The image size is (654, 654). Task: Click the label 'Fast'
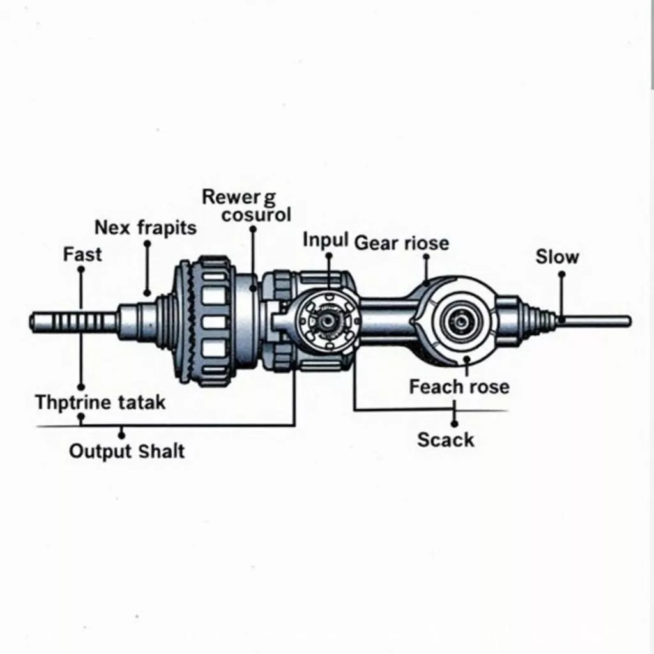click(82, 254)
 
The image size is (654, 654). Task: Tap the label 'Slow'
click(557, 257)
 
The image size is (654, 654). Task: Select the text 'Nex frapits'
click(145, 227)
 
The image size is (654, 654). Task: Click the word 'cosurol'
click(256, 215)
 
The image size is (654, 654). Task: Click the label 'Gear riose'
click(401, 243)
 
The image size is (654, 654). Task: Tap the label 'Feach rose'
click(459, 386)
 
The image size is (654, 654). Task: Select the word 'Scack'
click(446, 439)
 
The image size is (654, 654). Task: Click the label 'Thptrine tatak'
click(100, 402)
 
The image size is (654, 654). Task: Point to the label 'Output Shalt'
click(126, 451)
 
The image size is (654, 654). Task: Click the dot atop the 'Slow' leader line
click(561, 275)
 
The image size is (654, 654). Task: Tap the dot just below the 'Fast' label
click(81, 270)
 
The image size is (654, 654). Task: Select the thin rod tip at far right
click(607, 321)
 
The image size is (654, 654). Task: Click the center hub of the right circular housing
click(460, 317)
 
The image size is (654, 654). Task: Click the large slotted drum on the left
click(211, 319)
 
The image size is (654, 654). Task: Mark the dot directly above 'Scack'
click(454, 423)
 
